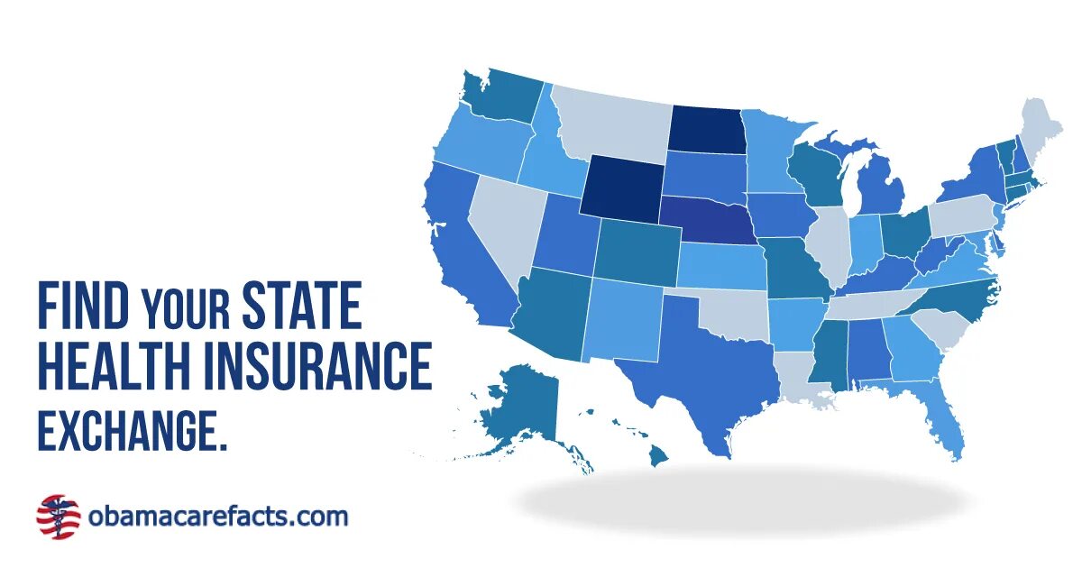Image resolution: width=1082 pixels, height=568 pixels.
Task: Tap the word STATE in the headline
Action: tap(301, 306)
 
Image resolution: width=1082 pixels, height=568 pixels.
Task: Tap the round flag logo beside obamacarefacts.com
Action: tap(58, 517)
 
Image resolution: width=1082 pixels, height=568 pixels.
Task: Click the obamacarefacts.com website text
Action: tap(217, 517)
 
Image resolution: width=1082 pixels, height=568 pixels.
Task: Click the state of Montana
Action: tap(613, 126)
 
